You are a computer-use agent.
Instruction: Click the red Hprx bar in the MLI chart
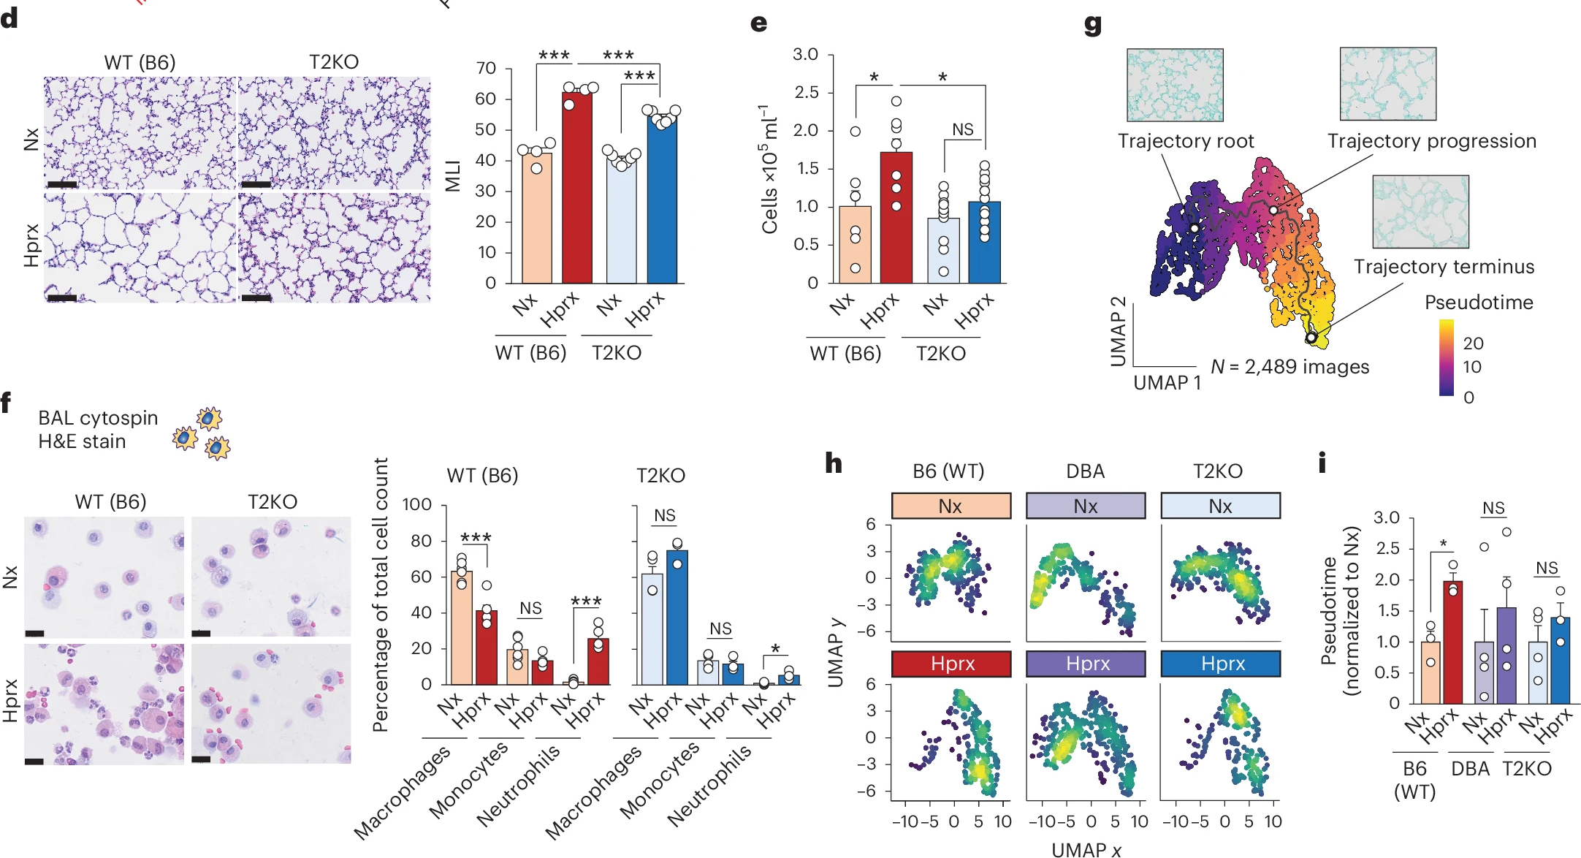coord(577,190)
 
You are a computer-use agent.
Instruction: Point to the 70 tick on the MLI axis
coord(487,69)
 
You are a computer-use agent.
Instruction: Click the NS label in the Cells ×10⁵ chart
coord(963,130)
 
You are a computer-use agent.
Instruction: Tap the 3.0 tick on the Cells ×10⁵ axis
coord(806,55)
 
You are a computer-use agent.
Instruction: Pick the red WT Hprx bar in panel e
coord(896,219)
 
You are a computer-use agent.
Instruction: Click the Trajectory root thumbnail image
coord(1175,85)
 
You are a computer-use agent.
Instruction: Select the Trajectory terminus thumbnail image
coord(1420,211)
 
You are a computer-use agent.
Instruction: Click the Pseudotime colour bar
coord(1447,358)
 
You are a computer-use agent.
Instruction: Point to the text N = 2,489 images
coord(1290,367)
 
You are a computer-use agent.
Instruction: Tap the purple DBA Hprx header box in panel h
coord(1086,664)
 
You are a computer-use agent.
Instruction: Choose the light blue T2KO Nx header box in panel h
coord(1221,506)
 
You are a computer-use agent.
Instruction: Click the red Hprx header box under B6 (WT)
coord(951,664)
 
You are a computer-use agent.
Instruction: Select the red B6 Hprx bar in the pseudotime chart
coord(1452,643)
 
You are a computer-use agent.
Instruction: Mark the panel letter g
coord(1093,25)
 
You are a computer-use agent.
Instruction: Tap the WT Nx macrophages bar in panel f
coord(461,629)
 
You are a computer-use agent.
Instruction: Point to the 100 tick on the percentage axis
coord(417,505)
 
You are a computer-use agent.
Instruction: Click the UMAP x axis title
coord(1086,849)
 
